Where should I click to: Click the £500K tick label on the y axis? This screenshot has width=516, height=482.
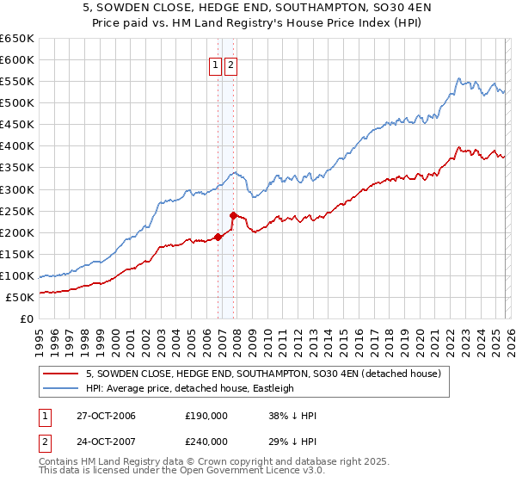[x=16, y=103]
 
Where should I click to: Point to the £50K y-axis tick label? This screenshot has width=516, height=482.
[x=20, y=297]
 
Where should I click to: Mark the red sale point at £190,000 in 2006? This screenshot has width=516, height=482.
[x=218, y=237]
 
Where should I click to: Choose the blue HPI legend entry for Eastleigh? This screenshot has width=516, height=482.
[x=189, y=388]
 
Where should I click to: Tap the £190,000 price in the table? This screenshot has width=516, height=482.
[x=206, y=416]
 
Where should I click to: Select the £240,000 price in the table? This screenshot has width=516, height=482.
[x=206, y=441]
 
